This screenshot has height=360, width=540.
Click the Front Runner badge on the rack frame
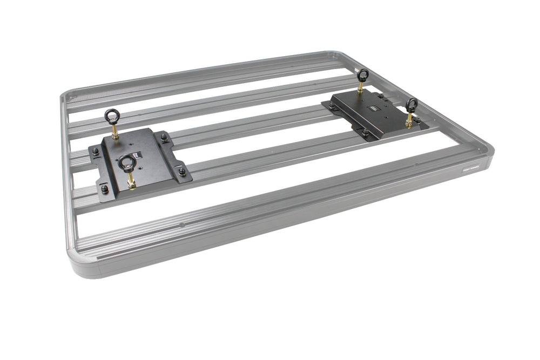tap(474, 168)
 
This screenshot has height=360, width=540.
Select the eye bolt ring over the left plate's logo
tap(127, 162)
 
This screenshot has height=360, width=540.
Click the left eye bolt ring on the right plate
tap(363, 75)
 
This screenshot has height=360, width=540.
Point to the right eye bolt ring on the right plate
tap(411, 105)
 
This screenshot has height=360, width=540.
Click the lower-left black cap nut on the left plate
tap(105, 189)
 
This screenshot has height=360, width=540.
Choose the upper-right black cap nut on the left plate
tap(164, 137)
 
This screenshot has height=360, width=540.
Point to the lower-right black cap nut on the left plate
tap(182, 172)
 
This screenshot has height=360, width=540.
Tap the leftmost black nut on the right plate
tap(331, 107)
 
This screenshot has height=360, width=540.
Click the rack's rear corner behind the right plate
tap(339, 56)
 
